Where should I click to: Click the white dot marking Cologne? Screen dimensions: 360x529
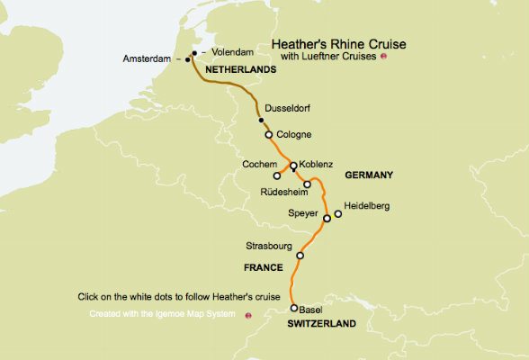click(268, 135)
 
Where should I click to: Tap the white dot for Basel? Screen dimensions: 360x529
click(293, 308)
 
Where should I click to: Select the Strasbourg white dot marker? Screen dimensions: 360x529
click(300, 256)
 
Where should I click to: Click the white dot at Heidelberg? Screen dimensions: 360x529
click(337, 214)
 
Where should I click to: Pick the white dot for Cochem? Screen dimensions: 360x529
click(277, 175)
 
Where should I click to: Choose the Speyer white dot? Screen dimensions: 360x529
click(327, 219)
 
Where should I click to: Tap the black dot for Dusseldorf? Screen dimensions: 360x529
click(261, 120)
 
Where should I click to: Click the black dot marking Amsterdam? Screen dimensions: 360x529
click(187, 60)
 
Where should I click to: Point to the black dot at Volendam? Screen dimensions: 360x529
click(194, 53)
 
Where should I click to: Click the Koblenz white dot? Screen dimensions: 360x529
click(293, 166)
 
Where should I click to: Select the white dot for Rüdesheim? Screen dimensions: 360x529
click(307, 184)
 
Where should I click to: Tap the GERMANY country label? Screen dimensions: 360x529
click(370, 176)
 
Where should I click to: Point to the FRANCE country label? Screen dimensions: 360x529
click(264, 268)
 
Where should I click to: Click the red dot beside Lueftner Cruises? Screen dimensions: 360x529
click(384, 58)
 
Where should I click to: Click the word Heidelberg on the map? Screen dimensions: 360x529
click(368, 206)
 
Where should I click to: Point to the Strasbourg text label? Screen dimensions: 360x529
click(269, 246)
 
